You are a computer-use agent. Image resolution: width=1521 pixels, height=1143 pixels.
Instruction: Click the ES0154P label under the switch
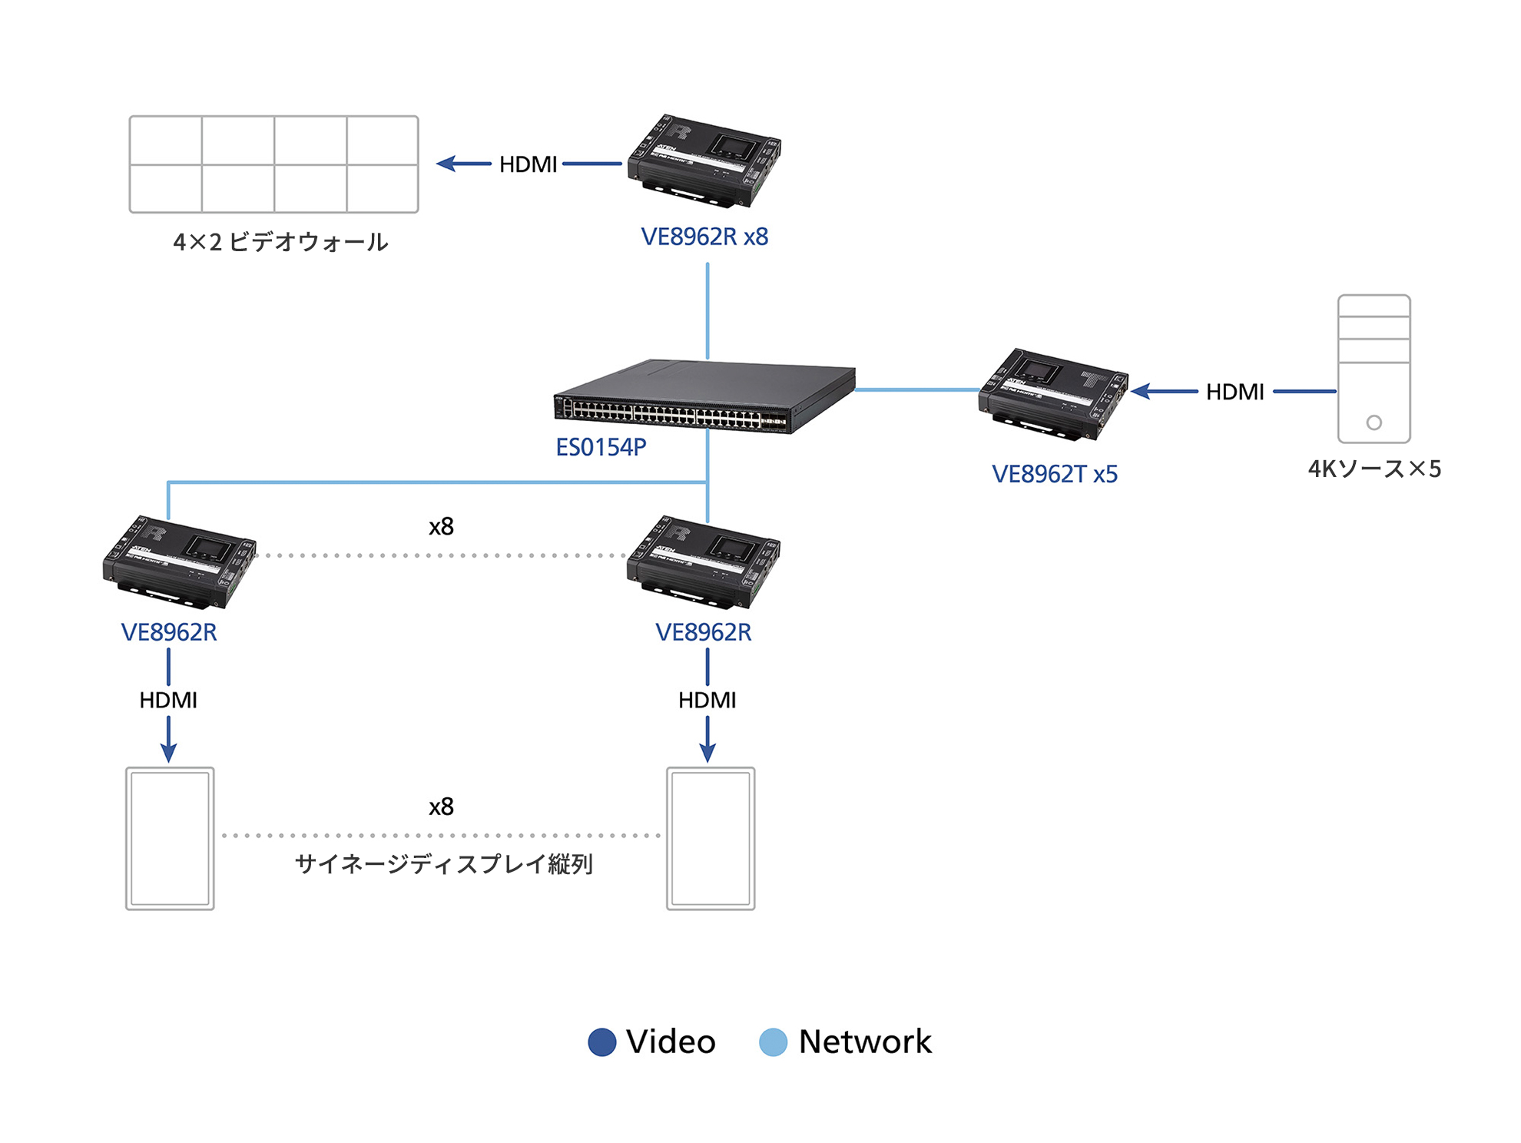pos(601,447)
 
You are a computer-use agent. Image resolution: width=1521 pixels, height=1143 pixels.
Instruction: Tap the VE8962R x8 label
pos(704,237)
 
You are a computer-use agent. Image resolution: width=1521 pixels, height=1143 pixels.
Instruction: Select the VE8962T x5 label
pos(1054,474)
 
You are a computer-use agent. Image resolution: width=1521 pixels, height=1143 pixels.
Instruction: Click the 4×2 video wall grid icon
pos(273,164)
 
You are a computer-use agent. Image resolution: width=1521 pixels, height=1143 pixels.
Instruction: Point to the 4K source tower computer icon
pos(1374,369)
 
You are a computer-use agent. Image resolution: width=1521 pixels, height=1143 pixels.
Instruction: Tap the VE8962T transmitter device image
pos(1052,394)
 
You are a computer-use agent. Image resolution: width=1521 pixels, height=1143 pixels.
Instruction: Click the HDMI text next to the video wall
pos(528,164)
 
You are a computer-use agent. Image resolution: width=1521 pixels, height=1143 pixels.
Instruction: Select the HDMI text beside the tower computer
pos(1234,392)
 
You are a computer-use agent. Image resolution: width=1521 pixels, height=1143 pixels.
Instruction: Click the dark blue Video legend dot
pos(601,1042)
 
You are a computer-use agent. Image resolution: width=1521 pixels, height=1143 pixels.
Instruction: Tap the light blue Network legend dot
pos(773,1042)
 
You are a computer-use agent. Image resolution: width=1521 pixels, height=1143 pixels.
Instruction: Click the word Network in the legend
pos(864,1042)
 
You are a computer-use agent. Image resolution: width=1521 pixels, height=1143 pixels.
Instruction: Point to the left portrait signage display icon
pos(170,838)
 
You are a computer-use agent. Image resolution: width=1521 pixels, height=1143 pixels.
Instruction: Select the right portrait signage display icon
pos(711,838)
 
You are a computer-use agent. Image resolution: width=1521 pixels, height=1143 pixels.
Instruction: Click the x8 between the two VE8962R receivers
pos(441,527)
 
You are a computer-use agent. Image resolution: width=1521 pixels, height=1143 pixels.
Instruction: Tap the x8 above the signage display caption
pos(441,807)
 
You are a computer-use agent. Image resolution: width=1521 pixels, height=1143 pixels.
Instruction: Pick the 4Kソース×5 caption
pos(1374,469)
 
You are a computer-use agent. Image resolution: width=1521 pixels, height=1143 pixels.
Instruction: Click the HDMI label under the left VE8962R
pos(168,700)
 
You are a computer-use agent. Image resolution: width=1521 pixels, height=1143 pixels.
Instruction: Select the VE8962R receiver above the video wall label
pos(704,161)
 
